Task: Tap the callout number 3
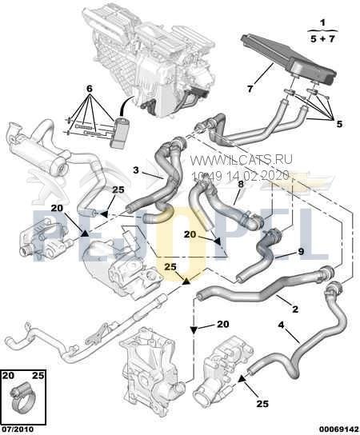[137, 170]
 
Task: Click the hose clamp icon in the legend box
[24, 393]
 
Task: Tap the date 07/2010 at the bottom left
[18, 428]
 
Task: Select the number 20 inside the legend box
[9, 374]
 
